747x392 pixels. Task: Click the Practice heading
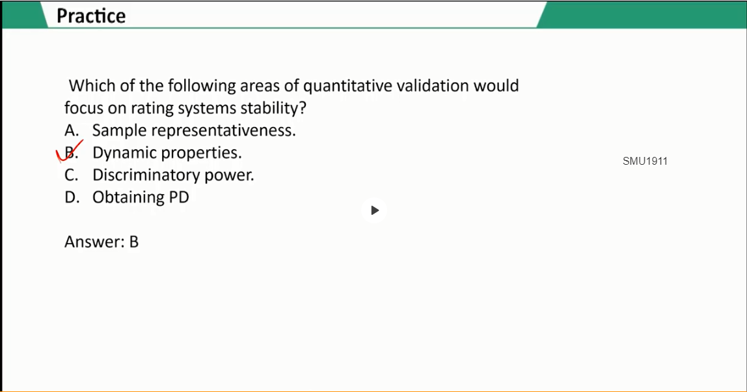(91, 16)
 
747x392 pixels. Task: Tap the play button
(374, 210)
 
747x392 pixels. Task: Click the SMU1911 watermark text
(645, 161)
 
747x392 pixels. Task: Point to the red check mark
(69, 151)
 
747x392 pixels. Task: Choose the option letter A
(72, 130)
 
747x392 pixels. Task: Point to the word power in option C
(229, 176)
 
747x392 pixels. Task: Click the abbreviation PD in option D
(179, 197)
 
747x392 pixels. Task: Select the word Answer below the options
(95, 242)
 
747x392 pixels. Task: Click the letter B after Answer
(134, 242)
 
